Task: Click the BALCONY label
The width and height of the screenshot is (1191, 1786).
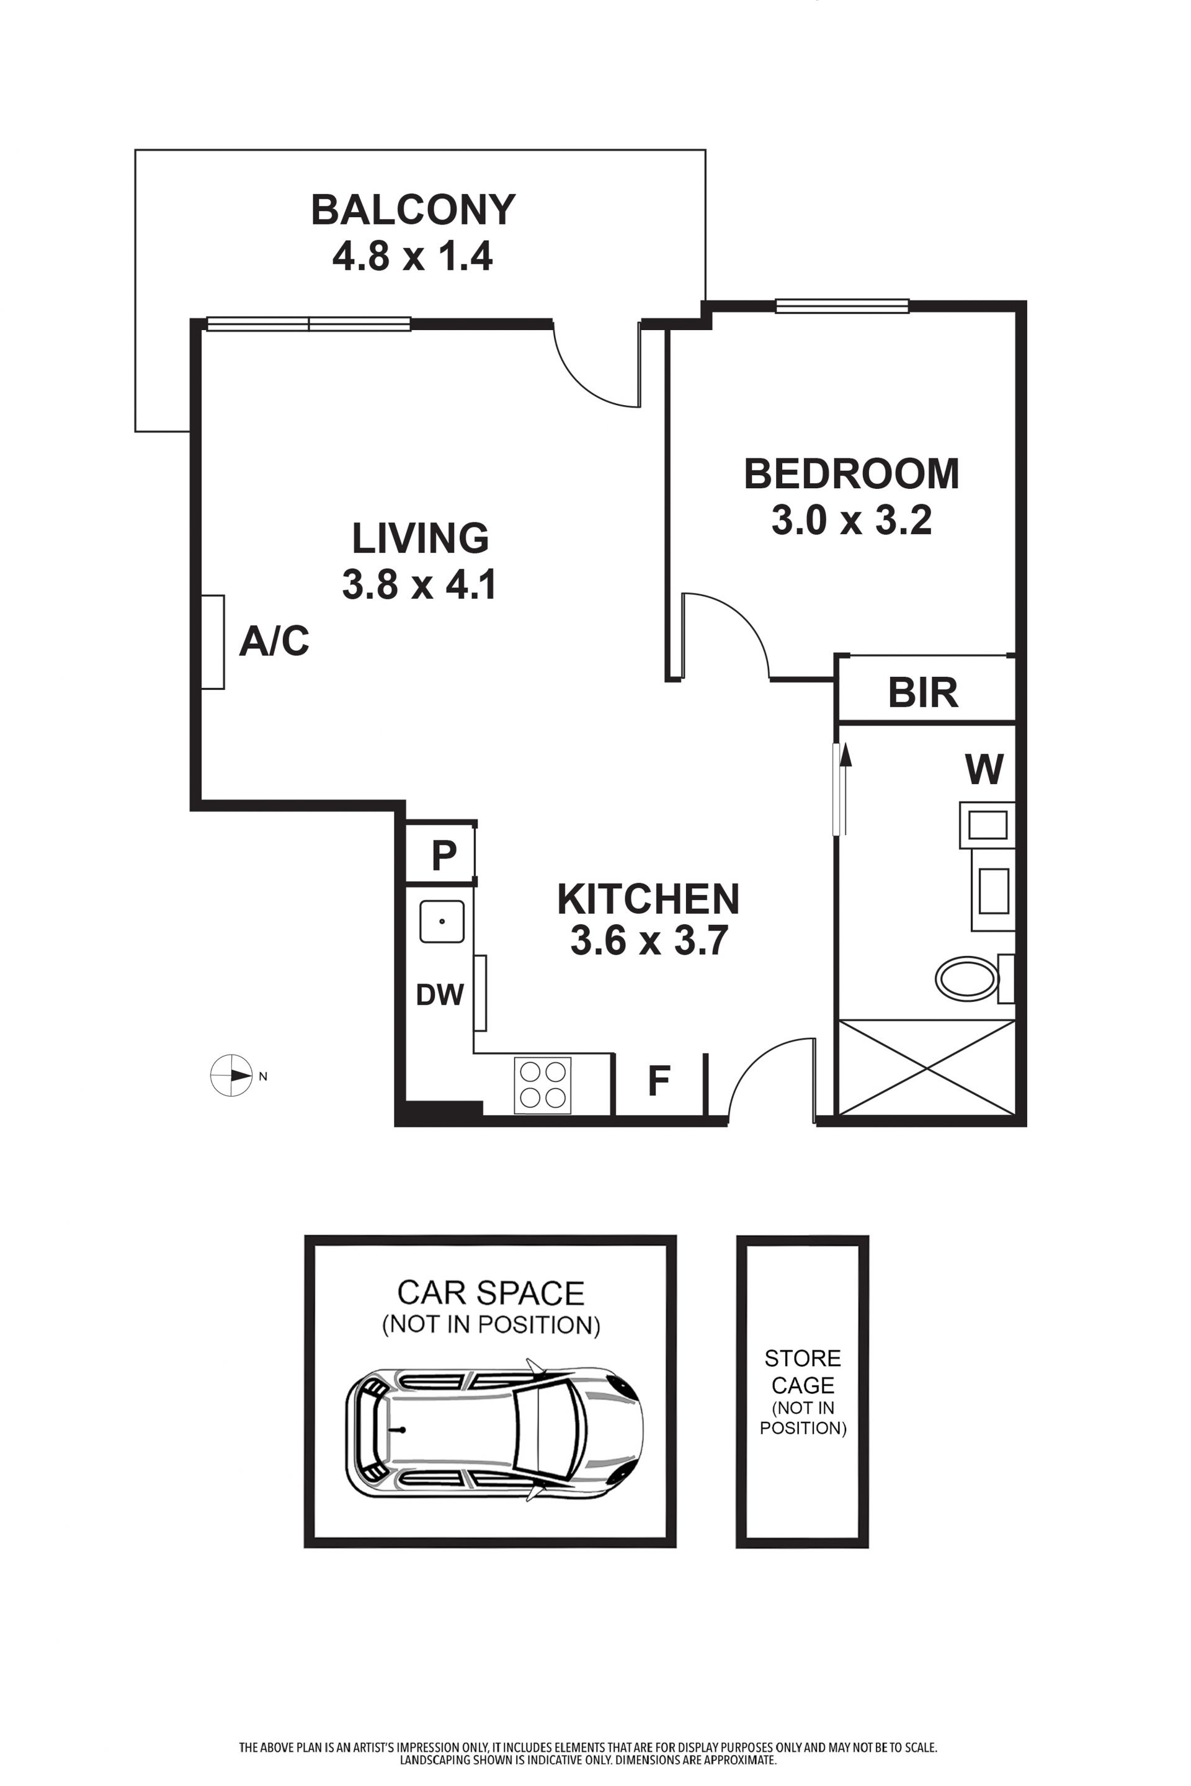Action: coord(413,210)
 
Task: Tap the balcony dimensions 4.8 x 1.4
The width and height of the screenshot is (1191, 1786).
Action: coord(413,256)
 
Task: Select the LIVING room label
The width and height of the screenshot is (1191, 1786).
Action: coord(420,538)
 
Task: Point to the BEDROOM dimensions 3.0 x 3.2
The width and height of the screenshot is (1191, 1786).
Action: coord(852,521)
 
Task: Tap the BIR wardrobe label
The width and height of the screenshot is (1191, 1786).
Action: coord(923,692)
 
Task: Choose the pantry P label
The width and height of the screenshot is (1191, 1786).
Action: coord(444,855)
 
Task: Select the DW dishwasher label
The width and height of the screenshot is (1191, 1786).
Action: coord(440,994)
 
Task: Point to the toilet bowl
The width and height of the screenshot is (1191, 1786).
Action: coord(966,978)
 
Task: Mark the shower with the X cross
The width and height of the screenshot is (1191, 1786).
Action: coord(926,1068)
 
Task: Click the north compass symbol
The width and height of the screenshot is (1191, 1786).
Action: coord(231,1076)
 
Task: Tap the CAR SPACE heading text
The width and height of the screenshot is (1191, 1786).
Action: coord(491,1292)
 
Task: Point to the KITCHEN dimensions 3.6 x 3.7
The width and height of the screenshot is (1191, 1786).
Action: coord(649,940)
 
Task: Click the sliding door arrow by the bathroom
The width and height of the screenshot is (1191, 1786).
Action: coord(844,790)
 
